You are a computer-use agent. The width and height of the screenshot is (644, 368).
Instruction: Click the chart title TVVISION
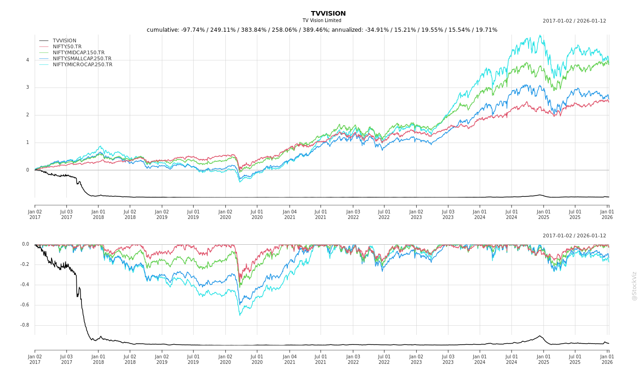click(328, 14)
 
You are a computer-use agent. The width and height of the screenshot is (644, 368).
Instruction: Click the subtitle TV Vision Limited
click(322, 21)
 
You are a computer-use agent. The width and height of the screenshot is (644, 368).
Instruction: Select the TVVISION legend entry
click(64, 41)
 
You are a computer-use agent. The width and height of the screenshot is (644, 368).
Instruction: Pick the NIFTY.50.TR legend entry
click(67, 47)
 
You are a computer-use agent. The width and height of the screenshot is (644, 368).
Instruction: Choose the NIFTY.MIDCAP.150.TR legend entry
click(78, 53)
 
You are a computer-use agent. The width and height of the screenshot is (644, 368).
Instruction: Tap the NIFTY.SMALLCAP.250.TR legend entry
click(82, 59)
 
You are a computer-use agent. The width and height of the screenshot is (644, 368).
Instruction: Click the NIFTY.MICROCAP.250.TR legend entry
click(82, 65)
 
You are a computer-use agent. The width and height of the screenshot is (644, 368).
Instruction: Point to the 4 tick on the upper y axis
click(28, 60)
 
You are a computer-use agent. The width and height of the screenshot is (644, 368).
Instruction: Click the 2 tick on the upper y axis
click(28, 115)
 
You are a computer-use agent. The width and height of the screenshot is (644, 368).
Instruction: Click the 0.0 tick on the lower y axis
click(25, 244)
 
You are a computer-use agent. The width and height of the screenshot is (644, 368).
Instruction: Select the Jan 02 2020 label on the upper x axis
click(225, 214)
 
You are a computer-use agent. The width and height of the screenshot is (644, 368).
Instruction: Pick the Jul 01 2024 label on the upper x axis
click(512, 214)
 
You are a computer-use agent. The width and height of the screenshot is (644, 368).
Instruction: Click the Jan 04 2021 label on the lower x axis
click(289, 359)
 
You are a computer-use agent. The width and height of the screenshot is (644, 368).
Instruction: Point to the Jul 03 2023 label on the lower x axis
click(448, 359)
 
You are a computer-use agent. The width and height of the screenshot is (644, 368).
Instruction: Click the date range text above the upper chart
click(574, 21)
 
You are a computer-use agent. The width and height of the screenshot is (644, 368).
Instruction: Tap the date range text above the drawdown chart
click(574, 236)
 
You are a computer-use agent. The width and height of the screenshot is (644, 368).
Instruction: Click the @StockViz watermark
click(634, 286)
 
